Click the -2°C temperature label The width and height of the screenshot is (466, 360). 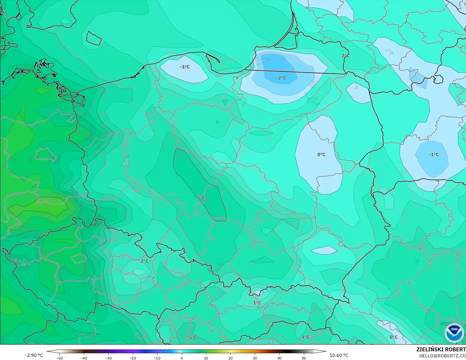(x=281, y=78)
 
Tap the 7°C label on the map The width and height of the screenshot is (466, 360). (x=16, y=261)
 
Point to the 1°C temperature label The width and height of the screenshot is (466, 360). (x=257, y=303)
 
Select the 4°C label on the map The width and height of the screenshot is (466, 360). (x=305, y=337)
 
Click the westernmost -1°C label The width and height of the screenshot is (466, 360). (x=185, y=67)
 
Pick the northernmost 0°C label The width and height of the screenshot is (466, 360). (x=321, y=154)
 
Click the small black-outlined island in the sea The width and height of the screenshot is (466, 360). (x=93, y=38)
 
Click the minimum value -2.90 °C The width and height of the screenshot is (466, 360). (x=34, y=355)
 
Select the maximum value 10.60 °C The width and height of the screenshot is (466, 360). (x=339, y=355)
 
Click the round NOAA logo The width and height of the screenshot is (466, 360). (x=454, y=333)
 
